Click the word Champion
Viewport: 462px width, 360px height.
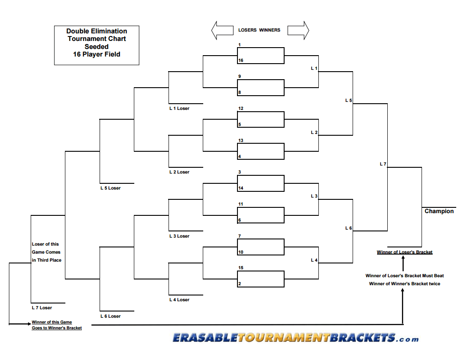tap(439, 211)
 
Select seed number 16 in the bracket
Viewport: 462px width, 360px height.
tap(241, 61)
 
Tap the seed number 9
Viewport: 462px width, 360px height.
tap(240, 77)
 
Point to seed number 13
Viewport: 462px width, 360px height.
tap(241, 141)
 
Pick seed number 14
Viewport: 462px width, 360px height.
tap(241, 188)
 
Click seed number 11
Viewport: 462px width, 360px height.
tap(241, 204)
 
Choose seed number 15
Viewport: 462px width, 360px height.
tap(241, 268)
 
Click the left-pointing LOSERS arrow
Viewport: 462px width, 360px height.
tap(222, 30)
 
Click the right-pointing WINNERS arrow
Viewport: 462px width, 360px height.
tap(298, 30)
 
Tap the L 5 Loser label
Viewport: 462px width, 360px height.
tap(110, 188)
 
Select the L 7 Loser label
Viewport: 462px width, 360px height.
tap(42, 307)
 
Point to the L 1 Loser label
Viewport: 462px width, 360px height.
tap(179, 109)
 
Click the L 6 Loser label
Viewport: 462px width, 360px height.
tap(110, 316)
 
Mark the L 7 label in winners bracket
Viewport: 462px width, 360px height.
tap(383, 164)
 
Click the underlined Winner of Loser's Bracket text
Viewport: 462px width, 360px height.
tap(405, 252)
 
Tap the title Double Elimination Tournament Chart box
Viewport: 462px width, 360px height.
tap(96, 45)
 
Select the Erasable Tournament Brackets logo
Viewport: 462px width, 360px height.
tap(295, 338)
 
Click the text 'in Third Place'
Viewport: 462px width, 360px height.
tap(47, 260)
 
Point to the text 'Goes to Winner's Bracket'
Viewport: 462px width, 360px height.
tap(56, 328)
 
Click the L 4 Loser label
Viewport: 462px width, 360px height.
tap(179, 300)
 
